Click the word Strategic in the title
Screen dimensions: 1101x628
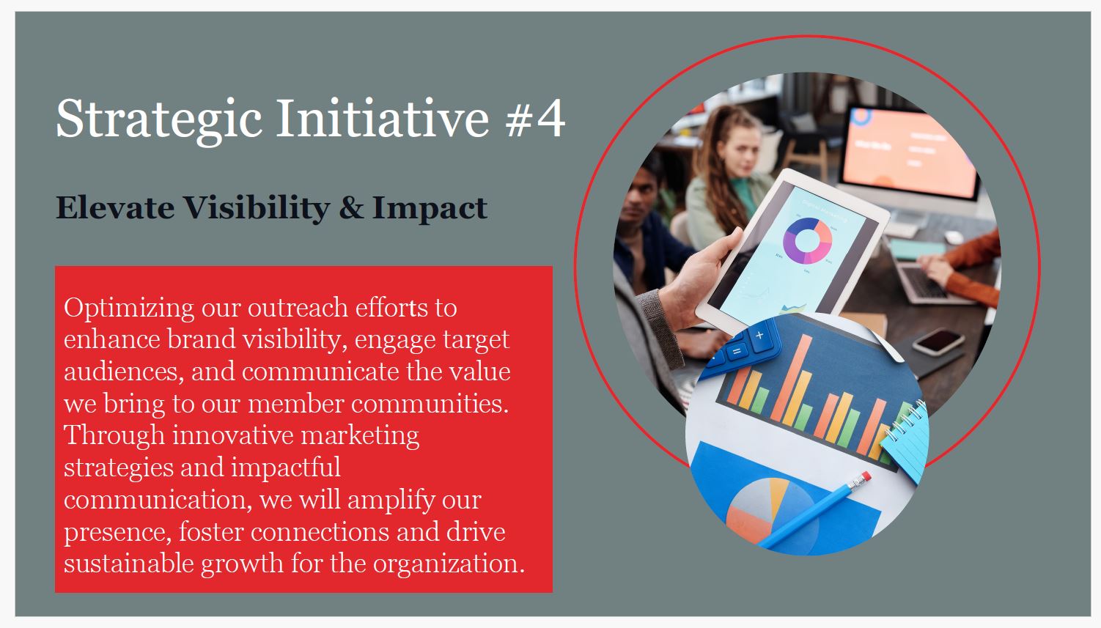pos(159,120)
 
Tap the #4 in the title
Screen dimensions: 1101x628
pos(535,118)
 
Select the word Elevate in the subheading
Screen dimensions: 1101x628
pos(115,207)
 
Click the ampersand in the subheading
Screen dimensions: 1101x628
pos(351,207)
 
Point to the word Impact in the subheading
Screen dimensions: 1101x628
pos(430,209)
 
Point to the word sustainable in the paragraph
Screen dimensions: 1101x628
pos(129,563)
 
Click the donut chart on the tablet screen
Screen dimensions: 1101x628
pos(807,240)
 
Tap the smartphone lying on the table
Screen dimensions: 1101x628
pos(938,341)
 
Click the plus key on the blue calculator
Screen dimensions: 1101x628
pos(759,336)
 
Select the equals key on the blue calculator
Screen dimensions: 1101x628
pos(736,351)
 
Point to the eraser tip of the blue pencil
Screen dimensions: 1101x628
pos(866,476)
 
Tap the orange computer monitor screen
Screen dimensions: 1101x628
pos(908,152)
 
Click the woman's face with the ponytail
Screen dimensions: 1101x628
pos(738,150)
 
